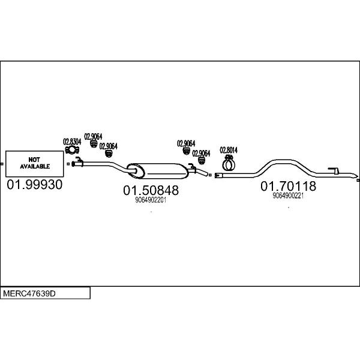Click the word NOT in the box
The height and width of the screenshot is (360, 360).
tap(34, 160)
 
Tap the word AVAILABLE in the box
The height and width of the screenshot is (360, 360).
tap(35, 166)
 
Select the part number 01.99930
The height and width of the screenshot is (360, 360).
tap(34, 184)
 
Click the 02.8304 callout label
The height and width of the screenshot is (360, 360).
tap(72, 142)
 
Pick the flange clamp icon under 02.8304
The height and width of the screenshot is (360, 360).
tap(72, 150)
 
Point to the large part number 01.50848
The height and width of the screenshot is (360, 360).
tap(151, 190)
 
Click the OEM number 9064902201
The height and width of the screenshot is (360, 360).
tap(151, 200)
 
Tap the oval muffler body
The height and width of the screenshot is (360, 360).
tap(158, 171)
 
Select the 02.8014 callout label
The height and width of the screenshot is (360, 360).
tap(229, 150)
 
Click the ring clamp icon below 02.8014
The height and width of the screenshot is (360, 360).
tap(229, 163)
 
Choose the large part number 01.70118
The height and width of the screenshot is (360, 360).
tap(288, 186)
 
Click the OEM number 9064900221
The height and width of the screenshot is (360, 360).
tap(288, 196)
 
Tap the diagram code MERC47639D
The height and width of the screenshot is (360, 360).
tap(29, 293)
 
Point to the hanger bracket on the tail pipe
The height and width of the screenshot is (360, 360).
tap(334, 170)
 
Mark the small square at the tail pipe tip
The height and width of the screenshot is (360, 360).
tap(358, 180)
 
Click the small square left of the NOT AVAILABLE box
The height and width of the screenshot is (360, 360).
tap(2, 164)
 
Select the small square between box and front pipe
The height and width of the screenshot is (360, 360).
tap(68, 164)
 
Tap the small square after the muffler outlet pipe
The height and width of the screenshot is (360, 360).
tap(210, 175)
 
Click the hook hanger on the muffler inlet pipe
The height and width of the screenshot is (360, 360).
tap(79, 159)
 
